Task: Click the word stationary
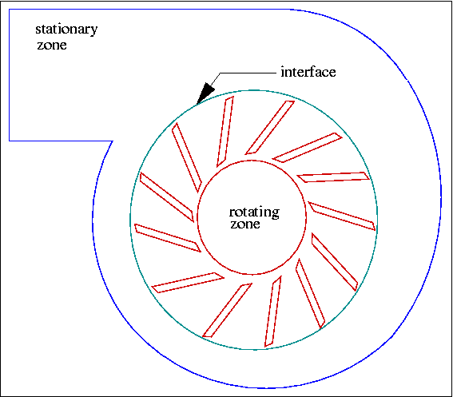tap(66, 30)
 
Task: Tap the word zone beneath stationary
tap(52, 45)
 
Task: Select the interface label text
tap(308, 72)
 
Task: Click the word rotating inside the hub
tap(254, 212)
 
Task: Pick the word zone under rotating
tap(245, 224)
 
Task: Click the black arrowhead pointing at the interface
tap(205, 93)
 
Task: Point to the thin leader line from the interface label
tap(243, 73)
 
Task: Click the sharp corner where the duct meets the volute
tap(113, 141)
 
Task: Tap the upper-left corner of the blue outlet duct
tap(10, 10)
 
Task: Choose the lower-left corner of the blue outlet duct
tap(10, 141)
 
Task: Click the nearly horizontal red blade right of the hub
tap(333, 177)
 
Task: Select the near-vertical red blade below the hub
tap(273, 312)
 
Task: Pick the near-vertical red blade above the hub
tap(225, 132)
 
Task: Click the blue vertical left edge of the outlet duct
tap(10, 75)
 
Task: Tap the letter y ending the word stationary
tap(94, 31)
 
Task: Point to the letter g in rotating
tap(276, 214)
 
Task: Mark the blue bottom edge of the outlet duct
tap(61, 141)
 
